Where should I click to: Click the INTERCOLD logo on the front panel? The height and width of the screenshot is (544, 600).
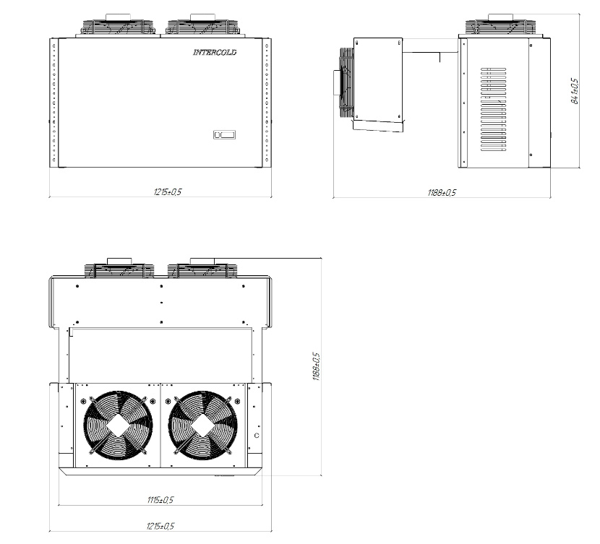(215, 52)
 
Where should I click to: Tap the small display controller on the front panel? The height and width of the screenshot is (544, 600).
(224, 134)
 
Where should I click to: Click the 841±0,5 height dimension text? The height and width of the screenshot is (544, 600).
(575, 91)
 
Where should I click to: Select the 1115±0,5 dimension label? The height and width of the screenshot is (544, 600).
(160, 500)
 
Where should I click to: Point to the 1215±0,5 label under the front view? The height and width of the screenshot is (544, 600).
(167, 192)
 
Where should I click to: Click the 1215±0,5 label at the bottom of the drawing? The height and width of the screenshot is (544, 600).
(160, 526)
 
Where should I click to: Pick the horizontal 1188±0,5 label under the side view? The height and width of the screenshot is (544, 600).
(442, 192)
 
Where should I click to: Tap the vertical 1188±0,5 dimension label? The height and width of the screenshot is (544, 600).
(316, 366)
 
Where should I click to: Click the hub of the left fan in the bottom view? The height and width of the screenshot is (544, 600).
(119, 425)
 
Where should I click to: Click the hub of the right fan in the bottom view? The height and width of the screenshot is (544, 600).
(203, 425)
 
